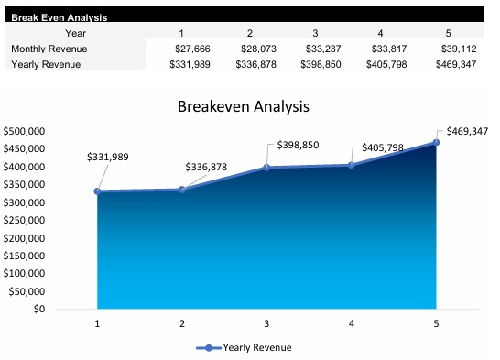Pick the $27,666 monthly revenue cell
tap(193, 49)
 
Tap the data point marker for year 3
tap(266, 168)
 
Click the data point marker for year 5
tap(436, 143)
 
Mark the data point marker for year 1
tap(97, 191)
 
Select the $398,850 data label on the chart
tap(298, 146)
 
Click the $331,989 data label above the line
tap(107, 157)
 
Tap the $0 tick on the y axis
tap(37, 309)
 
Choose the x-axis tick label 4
tap(352, 323)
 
